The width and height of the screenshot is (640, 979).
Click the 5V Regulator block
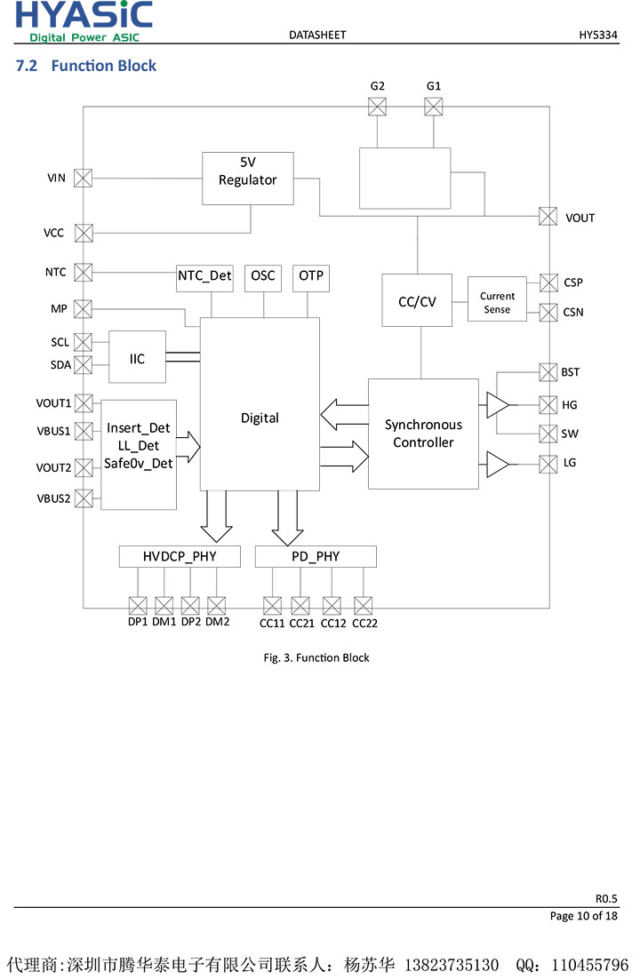coord(247,179)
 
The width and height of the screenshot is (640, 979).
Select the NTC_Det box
coord(204,276)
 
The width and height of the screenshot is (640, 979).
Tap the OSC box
coord(263,276)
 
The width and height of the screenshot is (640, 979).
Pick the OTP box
coord(311,276)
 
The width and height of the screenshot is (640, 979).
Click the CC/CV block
coord(417,301)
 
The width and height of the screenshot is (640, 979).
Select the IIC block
coord(137,357)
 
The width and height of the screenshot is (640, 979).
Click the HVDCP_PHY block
coord(180,557)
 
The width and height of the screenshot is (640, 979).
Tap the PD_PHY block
coord(316,557)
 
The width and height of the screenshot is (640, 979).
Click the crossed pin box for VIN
coord(84,178)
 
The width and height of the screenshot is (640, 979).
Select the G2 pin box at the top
coord(378,107)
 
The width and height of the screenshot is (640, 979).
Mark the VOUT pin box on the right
coord(548,216)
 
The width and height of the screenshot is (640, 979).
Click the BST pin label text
coord(571,372)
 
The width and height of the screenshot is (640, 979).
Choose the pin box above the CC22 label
coord(363,606)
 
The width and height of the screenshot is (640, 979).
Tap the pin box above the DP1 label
coord(138,606)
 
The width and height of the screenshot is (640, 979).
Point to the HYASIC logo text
coord(84,16)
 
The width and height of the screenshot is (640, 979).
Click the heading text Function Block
coord(103,66)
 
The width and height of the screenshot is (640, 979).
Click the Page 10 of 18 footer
coord(583,916)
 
